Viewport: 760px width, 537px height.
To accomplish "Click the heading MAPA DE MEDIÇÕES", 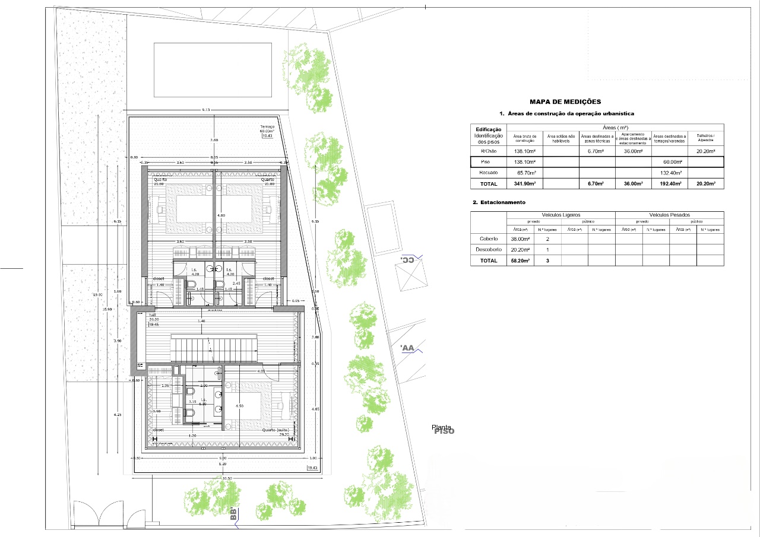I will tap(556, 102).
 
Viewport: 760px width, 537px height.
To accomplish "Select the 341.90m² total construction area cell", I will tap(524, 184).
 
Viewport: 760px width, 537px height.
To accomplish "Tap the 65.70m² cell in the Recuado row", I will tap(524, 173).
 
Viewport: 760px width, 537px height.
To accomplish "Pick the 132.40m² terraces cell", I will tap(669, 173).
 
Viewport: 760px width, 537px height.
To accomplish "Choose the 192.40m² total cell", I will tap(669, 184).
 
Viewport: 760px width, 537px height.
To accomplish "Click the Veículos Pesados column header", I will tap(669, 215).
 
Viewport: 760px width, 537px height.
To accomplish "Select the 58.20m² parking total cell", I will tap(520, 260).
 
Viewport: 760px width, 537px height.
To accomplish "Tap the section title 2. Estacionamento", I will tap(500, 202).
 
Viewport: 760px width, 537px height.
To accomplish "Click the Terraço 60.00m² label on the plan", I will tap(267, 131).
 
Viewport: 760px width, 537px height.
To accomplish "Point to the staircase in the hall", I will tap(214, 348).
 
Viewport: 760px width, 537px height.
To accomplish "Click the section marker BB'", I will tap(233, 514).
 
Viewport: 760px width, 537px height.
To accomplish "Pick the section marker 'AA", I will tap(407, 348).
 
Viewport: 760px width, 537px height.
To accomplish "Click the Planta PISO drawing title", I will tap(443, 430).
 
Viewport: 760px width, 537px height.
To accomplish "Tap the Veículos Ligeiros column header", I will tap(560, 215).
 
